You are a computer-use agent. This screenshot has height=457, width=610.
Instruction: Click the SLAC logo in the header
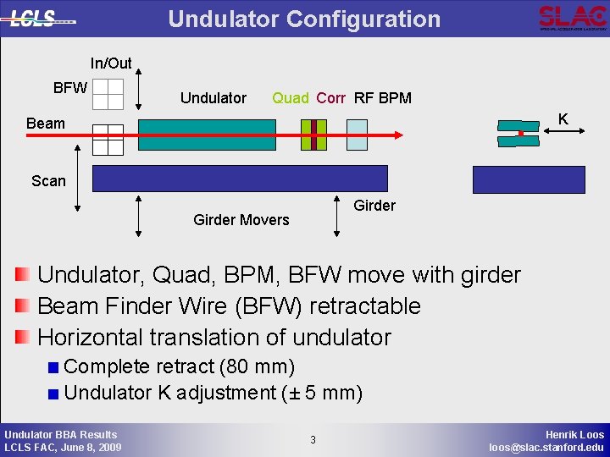tap(572, 17)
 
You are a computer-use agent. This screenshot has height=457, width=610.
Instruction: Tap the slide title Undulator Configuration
tap(304, 19)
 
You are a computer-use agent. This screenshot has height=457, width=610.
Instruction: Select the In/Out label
tap(111, 63)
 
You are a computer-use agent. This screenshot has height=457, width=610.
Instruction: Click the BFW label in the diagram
tap(69, 87)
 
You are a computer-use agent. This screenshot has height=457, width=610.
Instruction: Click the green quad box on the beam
tap(313, 135)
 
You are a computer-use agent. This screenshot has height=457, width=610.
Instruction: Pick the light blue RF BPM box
tap(357, 135)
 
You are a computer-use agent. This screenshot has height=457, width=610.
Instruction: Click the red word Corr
tap(330, 98)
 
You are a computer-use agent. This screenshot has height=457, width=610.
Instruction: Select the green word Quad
tap(291, 98)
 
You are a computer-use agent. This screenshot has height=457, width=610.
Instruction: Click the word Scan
tap(48, 180)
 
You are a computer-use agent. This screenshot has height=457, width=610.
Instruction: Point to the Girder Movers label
tap(241, 220)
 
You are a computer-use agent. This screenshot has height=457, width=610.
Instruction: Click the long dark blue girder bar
tap(239, 179)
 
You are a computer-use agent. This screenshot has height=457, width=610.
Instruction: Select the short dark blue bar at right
tap(529, 179)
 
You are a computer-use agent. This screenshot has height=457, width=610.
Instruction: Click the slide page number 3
tap(313, 439)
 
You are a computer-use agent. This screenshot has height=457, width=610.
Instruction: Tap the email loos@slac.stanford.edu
tap(546, 447)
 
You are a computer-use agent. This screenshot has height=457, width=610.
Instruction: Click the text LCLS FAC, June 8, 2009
tap(63, 447)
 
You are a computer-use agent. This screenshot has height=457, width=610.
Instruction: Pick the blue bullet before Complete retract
tap(53, 367)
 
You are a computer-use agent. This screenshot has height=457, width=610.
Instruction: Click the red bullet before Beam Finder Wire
tap(23, 306)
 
